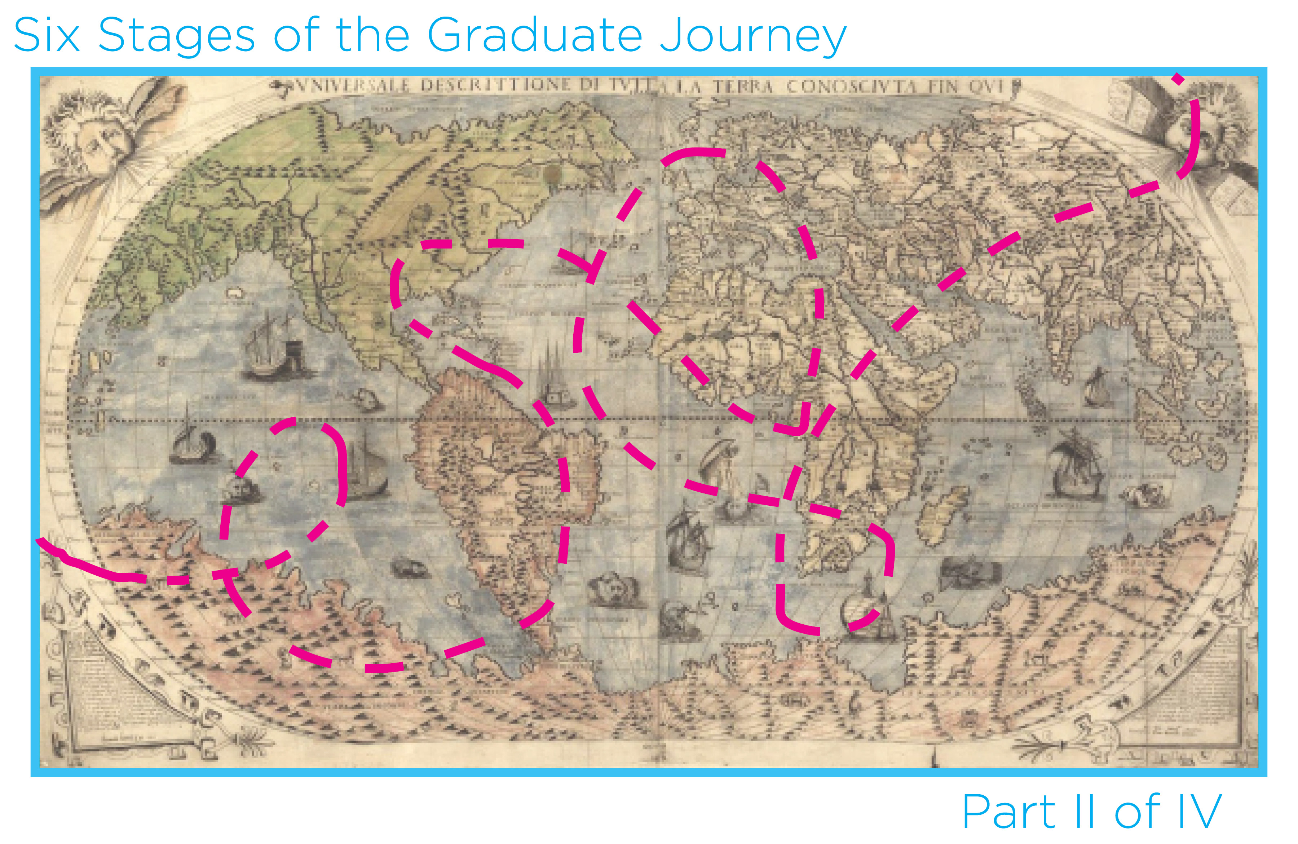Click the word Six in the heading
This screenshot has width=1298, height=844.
(47, 35)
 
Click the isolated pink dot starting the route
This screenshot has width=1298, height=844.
(1178, 79)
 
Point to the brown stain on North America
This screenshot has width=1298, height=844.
(553, 173)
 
